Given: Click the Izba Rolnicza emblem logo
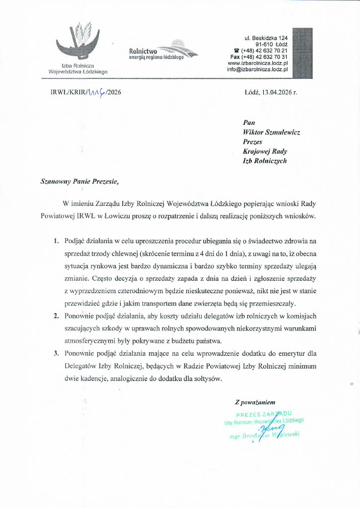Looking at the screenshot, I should tap(78, 42).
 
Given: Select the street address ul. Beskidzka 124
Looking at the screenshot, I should tap(266, 38).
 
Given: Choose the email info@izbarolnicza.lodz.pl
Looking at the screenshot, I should tap(257, 70).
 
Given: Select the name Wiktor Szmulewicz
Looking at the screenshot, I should tap(272, 132).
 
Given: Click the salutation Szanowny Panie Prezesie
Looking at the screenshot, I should tap(79, 182).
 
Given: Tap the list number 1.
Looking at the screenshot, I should tap(56, 241).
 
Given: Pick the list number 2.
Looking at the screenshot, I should tap(56, 316).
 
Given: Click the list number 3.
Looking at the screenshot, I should tap(56, 354).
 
